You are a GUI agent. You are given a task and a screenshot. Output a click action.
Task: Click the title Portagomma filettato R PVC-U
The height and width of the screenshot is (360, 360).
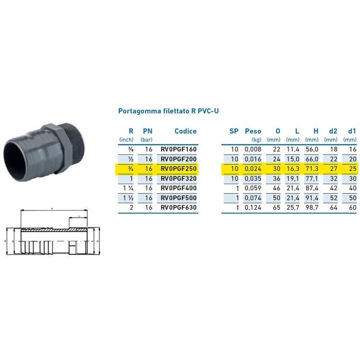coord(168,111)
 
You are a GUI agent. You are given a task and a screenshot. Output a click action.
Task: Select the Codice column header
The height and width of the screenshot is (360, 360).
coord(185,131)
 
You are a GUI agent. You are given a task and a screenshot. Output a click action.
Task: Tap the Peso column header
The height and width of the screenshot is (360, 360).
coord(253,131)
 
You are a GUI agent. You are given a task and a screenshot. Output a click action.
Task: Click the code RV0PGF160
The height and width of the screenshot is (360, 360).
coord(179,149)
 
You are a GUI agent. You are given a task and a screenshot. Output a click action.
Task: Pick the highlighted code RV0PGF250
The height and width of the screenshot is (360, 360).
coord(179,169)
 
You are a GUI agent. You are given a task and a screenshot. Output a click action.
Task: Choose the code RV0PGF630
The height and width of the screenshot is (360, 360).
coord(179,208)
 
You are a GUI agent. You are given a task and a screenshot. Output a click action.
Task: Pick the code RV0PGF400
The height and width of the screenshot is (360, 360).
coord(179,188)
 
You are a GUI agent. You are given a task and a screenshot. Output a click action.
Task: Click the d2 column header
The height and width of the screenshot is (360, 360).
coord(333,131)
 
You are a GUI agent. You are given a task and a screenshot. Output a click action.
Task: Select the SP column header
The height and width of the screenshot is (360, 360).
coord(234,131)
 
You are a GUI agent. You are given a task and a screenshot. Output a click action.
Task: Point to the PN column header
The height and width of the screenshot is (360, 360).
coord(147,131)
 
